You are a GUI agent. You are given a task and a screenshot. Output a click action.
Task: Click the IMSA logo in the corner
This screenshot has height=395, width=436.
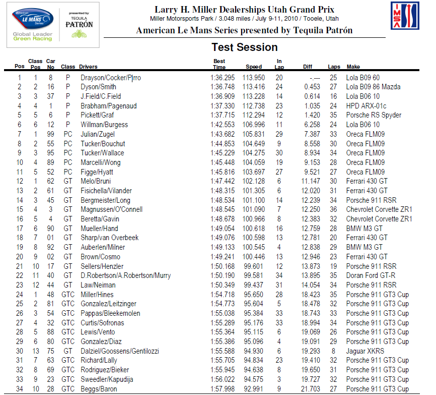[405, 16]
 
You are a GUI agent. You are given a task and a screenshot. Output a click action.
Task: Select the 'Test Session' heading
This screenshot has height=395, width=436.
[245, 47]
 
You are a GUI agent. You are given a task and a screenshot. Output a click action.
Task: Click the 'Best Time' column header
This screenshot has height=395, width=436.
[220, 64]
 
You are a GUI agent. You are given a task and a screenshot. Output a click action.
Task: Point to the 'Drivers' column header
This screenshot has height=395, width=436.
[89, 67]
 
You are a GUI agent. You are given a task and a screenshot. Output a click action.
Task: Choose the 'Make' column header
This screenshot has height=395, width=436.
[353, 67]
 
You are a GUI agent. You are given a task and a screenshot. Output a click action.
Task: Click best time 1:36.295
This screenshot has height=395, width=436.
[223, 78]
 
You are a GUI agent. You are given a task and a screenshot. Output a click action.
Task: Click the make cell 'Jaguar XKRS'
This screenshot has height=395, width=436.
[365, 351]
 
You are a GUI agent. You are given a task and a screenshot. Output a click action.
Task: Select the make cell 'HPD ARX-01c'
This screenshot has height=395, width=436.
[366, 106]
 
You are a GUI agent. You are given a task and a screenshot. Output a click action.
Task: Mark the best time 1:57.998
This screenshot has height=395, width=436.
[223, 389]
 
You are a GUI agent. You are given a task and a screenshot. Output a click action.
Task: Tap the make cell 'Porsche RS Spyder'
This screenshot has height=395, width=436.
[374, 116]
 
